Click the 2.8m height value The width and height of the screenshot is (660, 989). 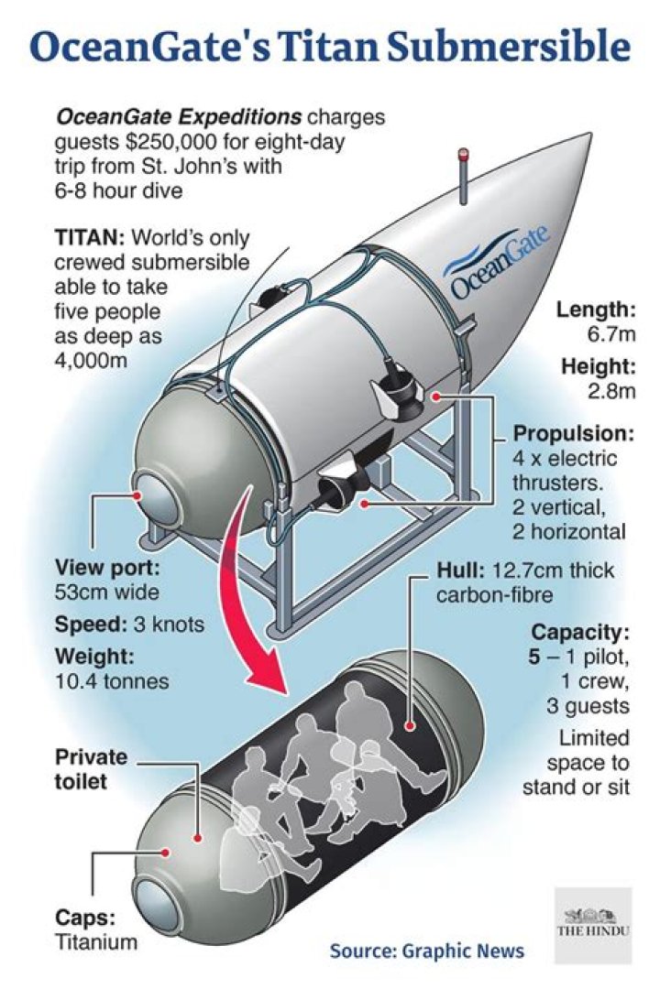coord(611,391)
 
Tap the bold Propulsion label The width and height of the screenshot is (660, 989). coord(574,433)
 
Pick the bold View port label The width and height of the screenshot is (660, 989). coord(107,568)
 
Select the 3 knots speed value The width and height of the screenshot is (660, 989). coord(169,625)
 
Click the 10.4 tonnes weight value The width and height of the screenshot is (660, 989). coord(113,681)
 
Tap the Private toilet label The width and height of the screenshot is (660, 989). coord(91,769)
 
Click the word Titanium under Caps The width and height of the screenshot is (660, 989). coord(96,941)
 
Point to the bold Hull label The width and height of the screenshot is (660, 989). coord(460,571)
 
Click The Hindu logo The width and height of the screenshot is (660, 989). coord(593,925)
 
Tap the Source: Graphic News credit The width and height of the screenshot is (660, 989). coord(427,951)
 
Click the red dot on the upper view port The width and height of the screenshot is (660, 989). coord(137,495)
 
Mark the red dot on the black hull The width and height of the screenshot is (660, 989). coord(412,726)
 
